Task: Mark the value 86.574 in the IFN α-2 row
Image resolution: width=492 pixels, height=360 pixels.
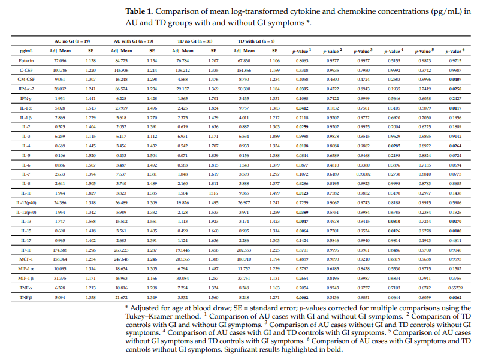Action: click(x=122, y=88)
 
